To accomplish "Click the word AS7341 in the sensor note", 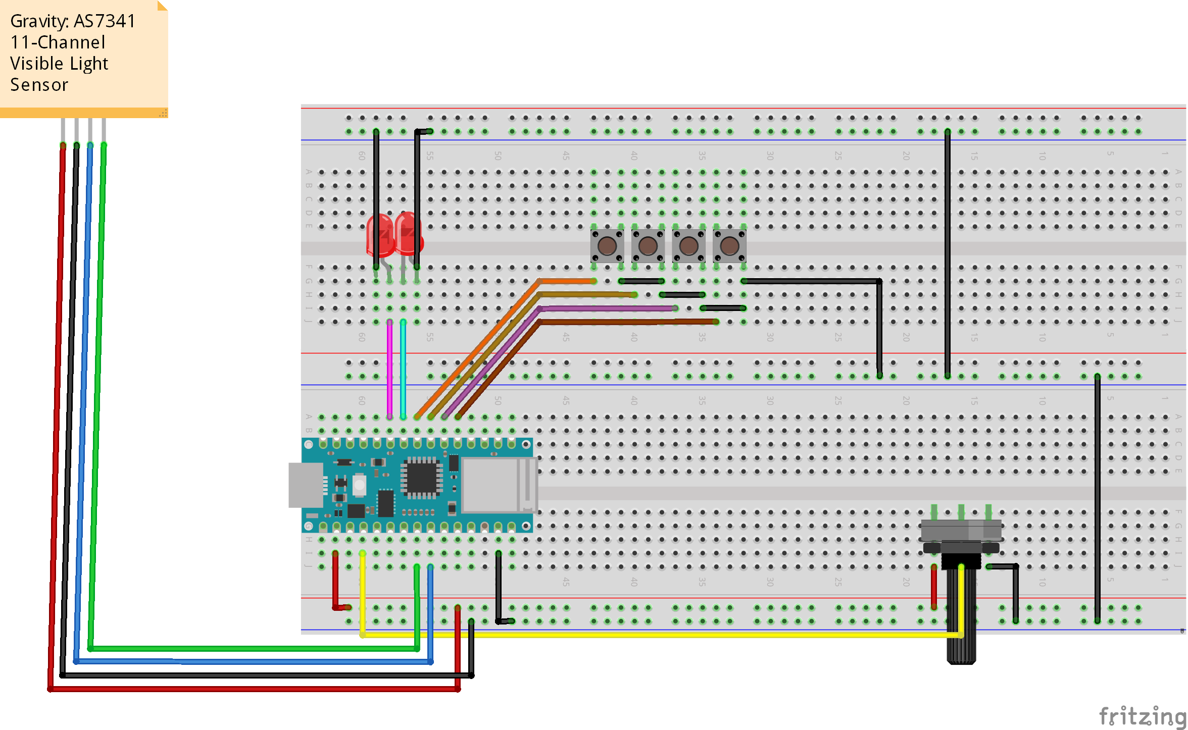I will coord(105,21).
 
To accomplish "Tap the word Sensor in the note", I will coord(39,85).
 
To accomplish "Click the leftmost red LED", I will coord(380,235).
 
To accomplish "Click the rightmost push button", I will coord(729,246).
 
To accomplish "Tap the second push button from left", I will coord(648,246).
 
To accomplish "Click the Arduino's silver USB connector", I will coord(306,485).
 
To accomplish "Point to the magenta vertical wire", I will coord(389,369).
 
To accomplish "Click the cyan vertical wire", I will coord(403,369).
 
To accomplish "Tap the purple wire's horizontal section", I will coord(606,308).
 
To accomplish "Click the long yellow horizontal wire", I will coord(657,635).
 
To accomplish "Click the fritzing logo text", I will coord(1143,716).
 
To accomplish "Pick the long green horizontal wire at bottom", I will coord(253,649).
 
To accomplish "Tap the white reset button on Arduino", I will coord(359,485).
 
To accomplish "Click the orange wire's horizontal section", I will coord(566,281).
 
